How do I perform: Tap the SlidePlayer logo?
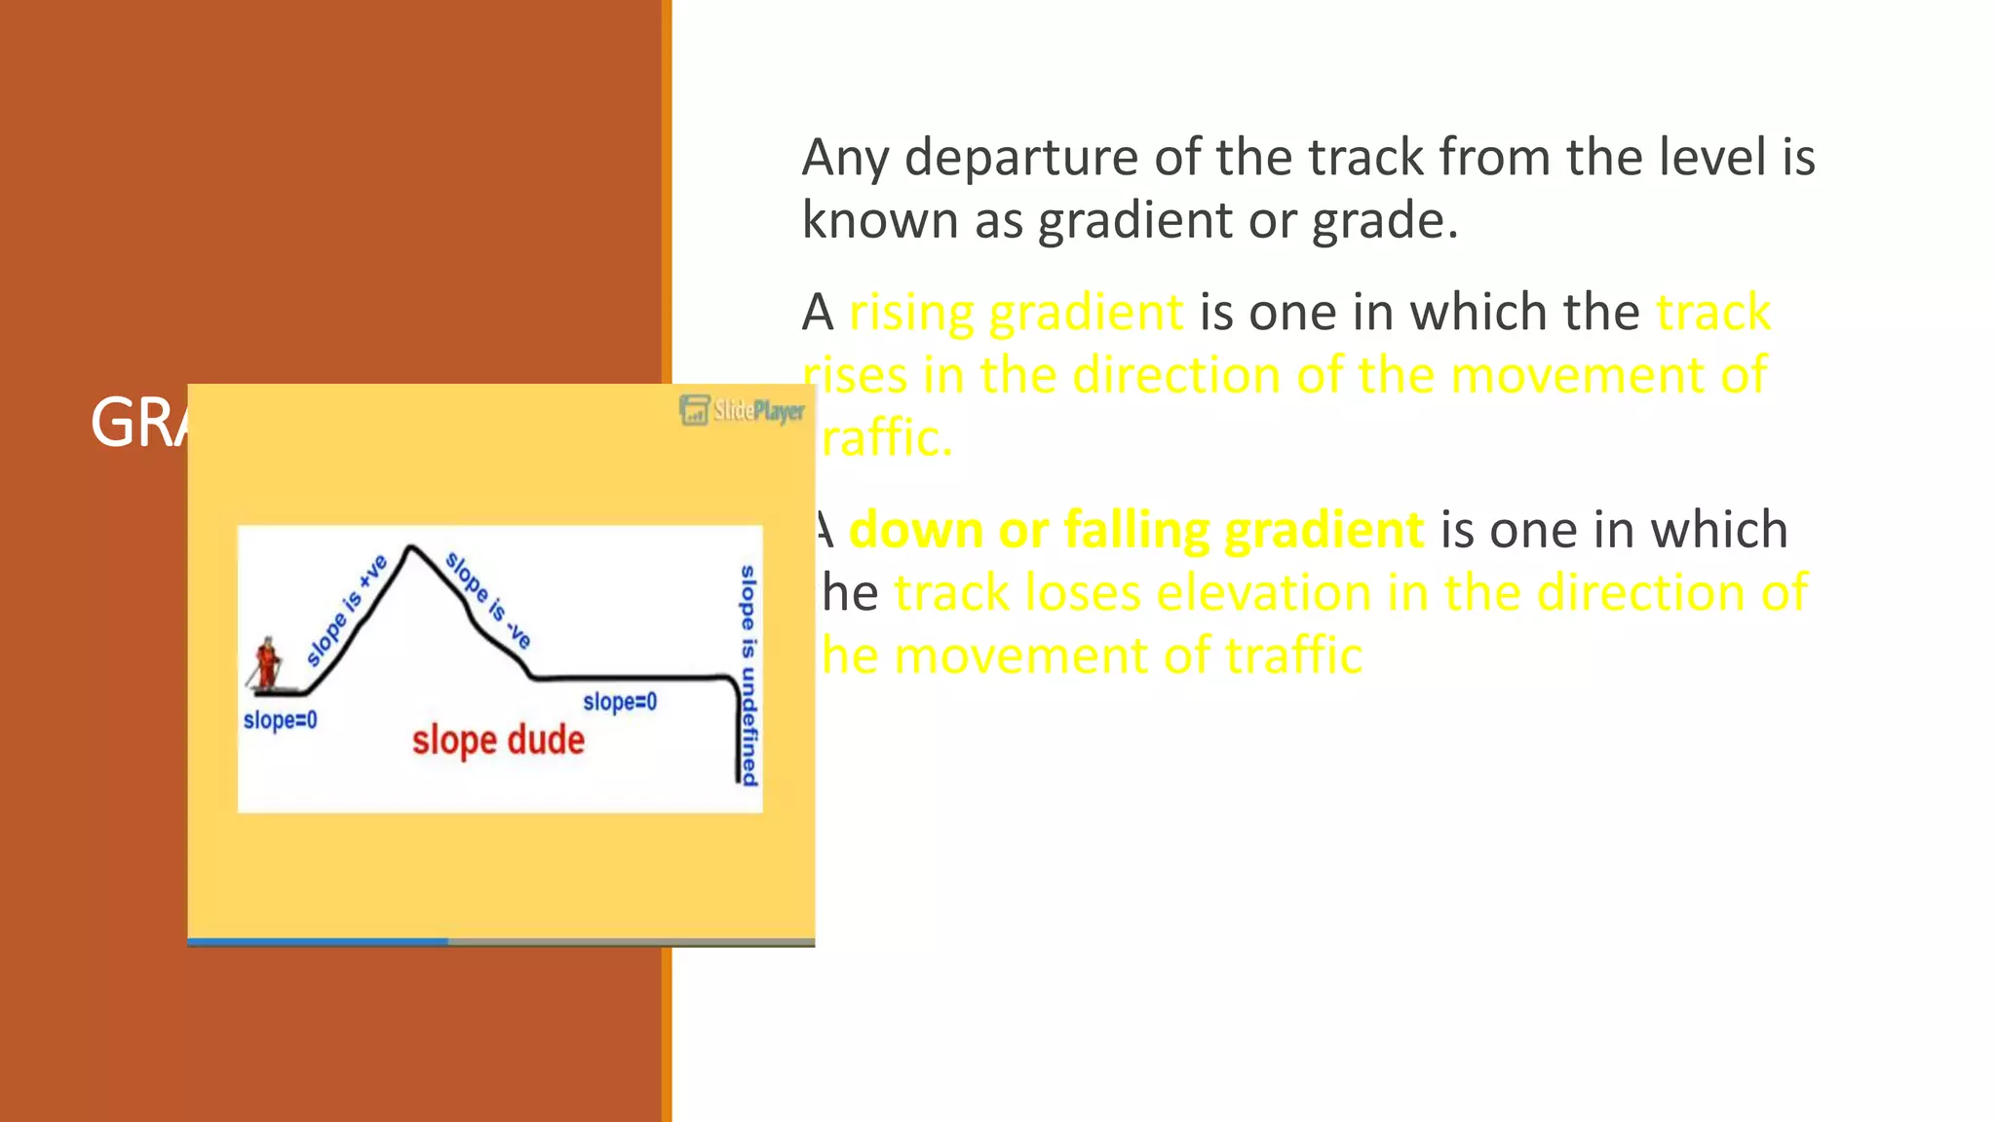click(743, 410)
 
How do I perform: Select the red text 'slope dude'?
click(498, 740)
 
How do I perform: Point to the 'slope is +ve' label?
click(347, 610)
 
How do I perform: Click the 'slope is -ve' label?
click(488, 600)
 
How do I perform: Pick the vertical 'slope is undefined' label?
click(748, 674)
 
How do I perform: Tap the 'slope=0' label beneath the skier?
click(280, 720)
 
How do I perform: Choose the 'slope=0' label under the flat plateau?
click(620, 701)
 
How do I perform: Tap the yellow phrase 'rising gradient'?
click(1016, 313)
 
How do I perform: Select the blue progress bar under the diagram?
click(318, 941)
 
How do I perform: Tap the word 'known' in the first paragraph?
click(880, 220)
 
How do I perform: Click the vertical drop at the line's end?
click(737, 730)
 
